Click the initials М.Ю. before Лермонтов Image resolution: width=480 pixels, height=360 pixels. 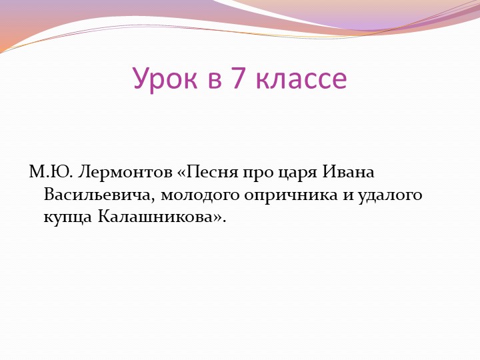(51, 173)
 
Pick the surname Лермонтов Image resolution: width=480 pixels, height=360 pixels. (125, 173)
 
